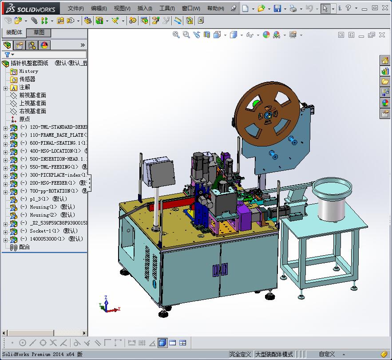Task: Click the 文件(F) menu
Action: [x=75, y=8]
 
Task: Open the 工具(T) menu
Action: [x=167, y=8]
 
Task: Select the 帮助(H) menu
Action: [x=215, y=8]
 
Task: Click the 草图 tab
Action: [x=39, y=32]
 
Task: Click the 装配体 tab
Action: [x=14, y=32]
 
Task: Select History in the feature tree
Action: [x=28, y=71]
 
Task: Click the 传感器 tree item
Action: [x=27, y=79]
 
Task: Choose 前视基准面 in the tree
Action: [x=32, y=95]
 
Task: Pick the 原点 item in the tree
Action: [x=24, y=119]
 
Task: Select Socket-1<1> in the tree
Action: [x=47, y=231]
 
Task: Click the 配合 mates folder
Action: [x=24, y=247]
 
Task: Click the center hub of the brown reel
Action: [x=268, y=115]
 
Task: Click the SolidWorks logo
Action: [x=30, y=8]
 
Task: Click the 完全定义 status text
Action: [x=240, y=354]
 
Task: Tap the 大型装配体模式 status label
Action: [x=274, y=354]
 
